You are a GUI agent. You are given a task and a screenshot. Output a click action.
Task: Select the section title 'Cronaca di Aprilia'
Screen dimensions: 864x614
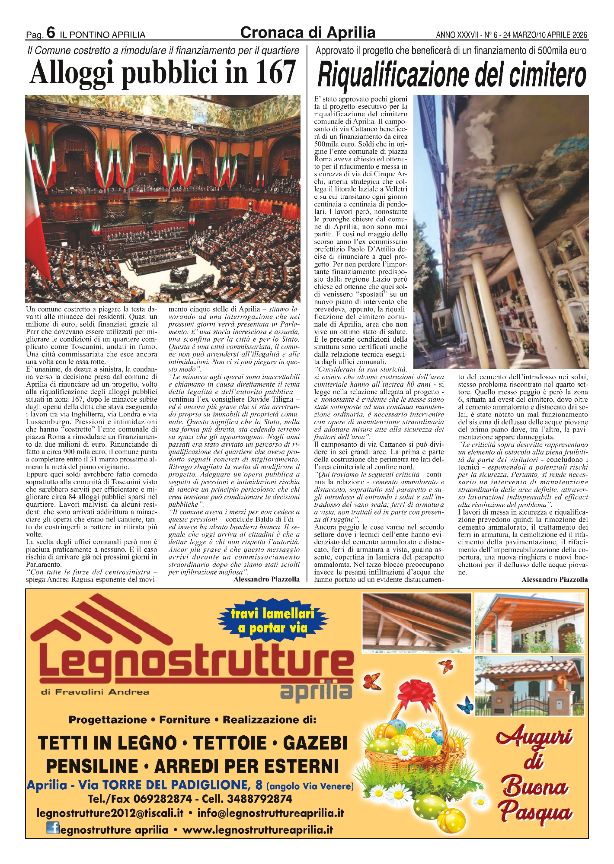[x=307, y=32]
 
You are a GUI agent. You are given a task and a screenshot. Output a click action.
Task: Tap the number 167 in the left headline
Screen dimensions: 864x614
[x=275, y=73]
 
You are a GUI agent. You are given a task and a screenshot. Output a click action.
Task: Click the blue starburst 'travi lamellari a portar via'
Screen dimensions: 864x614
[x=272, y=621]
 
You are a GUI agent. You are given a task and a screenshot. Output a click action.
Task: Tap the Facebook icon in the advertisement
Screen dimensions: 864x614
[x=53, y=829]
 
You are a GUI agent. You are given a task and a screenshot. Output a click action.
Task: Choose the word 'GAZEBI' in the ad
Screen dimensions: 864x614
[x=315, y=743]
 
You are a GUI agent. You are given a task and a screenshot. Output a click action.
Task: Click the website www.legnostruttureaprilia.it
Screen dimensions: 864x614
[x=258, y=830]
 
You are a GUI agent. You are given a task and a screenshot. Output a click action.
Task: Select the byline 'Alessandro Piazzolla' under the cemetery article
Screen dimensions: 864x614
[x=554, y=579]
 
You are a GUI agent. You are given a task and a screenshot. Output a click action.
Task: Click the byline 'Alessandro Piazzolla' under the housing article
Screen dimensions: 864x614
[x=266, y=579]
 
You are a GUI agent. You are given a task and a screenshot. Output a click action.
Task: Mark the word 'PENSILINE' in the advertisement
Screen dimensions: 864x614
[x=92, y=766]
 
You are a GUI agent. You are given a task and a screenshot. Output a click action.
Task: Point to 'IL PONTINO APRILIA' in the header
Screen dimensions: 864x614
[x=102, y=35]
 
